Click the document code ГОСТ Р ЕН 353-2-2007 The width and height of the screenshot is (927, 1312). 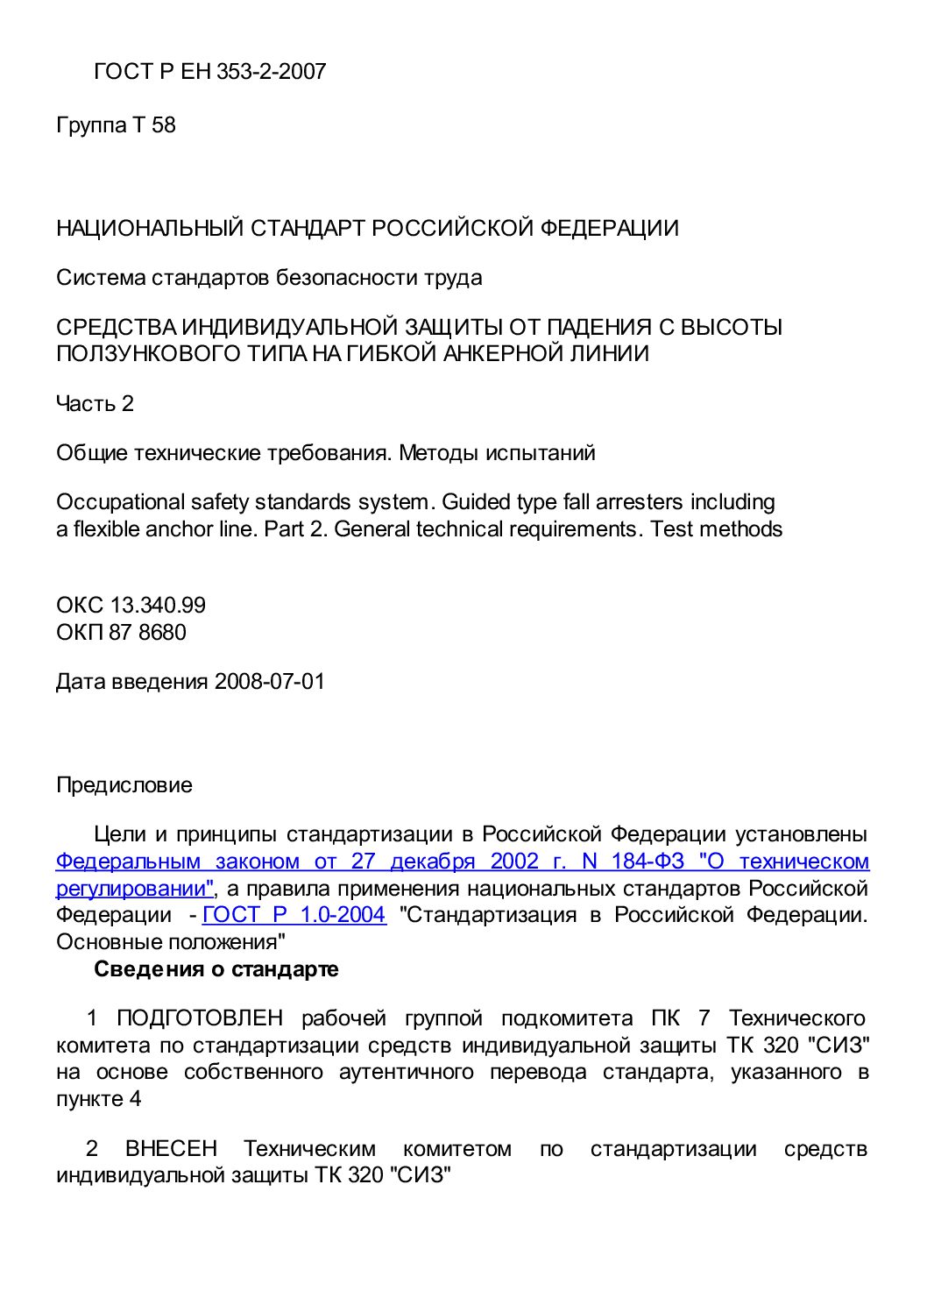[209, 72]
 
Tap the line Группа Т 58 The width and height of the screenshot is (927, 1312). [116, 125]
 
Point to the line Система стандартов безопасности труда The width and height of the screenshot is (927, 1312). [269, 278]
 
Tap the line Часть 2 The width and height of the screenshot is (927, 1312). [95, 404]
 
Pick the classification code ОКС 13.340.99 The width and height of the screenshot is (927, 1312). [131, 606]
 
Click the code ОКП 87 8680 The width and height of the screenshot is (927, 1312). [121, 633]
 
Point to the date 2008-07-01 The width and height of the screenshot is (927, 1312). [270, 682]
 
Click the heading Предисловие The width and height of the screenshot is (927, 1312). [124, 785]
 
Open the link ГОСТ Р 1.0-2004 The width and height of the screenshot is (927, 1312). [294, 915]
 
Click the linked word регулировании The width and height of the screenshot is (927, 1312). [133, 889]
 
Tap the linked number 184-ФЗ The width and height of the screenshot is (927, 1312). [647, 862]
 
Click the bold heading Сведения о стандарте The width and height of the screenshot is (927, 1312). [216, 969]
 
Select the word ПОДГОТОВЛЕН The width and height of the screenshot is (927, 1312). [200, 1018]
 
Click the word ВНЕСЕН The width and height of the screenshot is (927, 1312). [171, 1149]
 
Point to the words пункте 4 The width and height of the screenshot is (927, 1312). [98, 1099]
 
